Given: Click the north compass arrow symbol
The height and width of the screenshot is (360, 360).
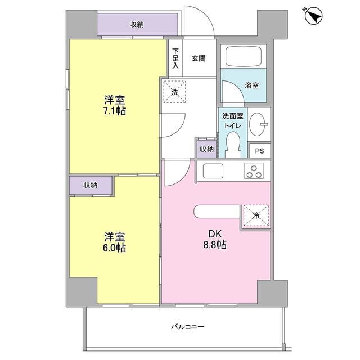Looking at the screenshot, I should click(x=314, y=16).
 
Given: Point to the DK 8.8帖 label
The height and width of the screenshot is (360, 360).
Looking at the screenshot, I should click(x=216, y=238).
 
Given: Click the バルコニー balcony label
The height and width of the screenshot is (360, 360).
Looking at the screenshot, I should click(x=188, y=327).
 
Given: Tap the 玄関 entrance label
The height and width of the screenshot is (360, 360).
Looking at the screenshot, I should click(x=198, y=58).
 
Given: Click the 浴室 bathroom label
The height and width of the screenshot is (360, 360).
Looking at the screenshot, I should click(x=251, y=86).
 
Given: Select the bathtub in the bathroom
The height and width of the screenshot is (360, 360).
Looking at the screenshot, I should click(x=244, y=57).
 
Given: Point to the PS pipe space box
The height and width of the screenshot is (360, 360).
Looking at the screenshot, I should click(x=259, y=151).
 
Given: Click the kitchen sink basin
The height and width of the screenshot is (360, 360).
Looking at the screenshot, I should click(x=214, y=170).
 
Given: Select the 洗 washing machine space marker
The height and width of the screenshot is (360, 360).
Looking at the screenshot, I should click(x=175, y=92).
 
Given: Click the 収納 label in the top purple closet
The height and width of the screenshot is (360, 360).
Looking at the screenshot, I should click(x=137, y=24).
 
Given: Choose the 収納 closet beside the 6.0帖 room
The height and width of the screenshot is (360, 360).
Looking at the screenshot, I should click(x=91, y=184).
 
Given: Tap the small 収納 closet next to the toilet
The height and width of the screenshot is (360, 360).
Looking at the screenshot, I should click(x=206, y=149).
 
